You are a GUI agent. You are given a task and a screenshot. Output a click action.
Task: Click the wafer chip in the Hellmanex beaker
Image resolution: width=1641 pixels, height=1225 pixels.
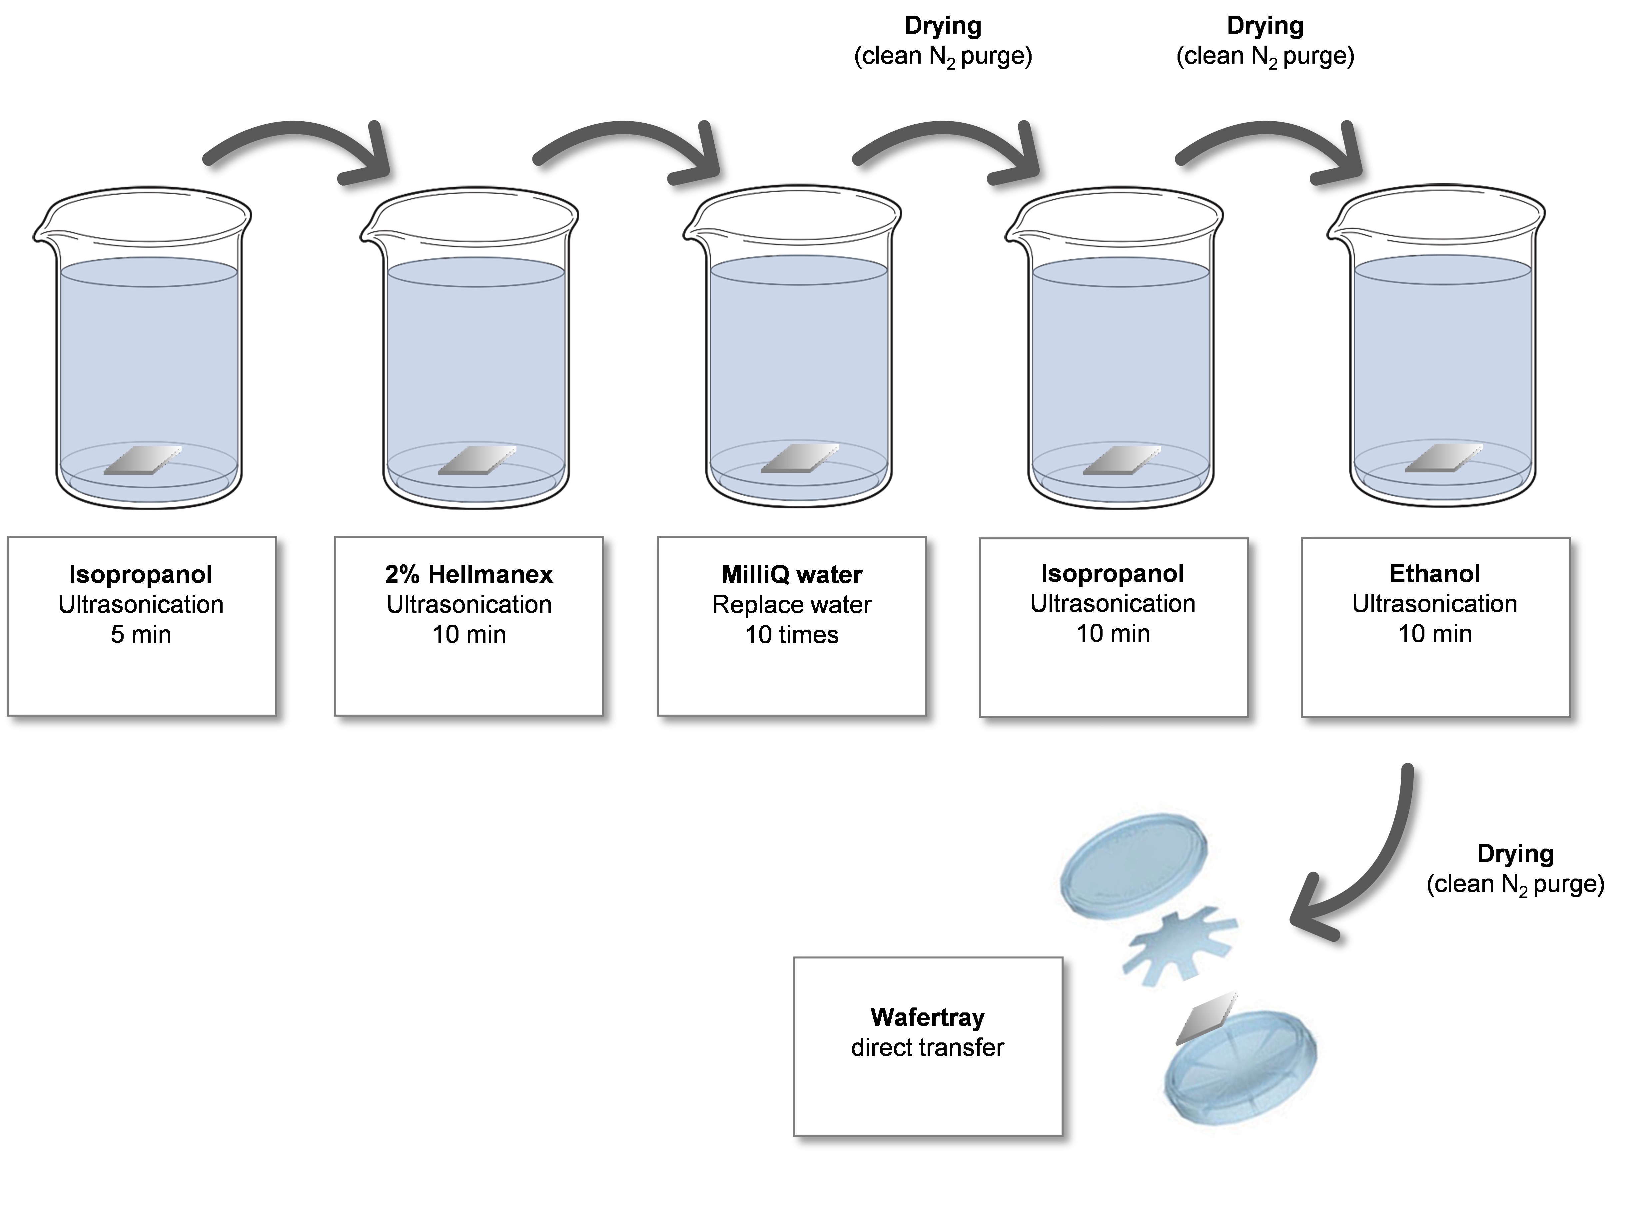[476, 460]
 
